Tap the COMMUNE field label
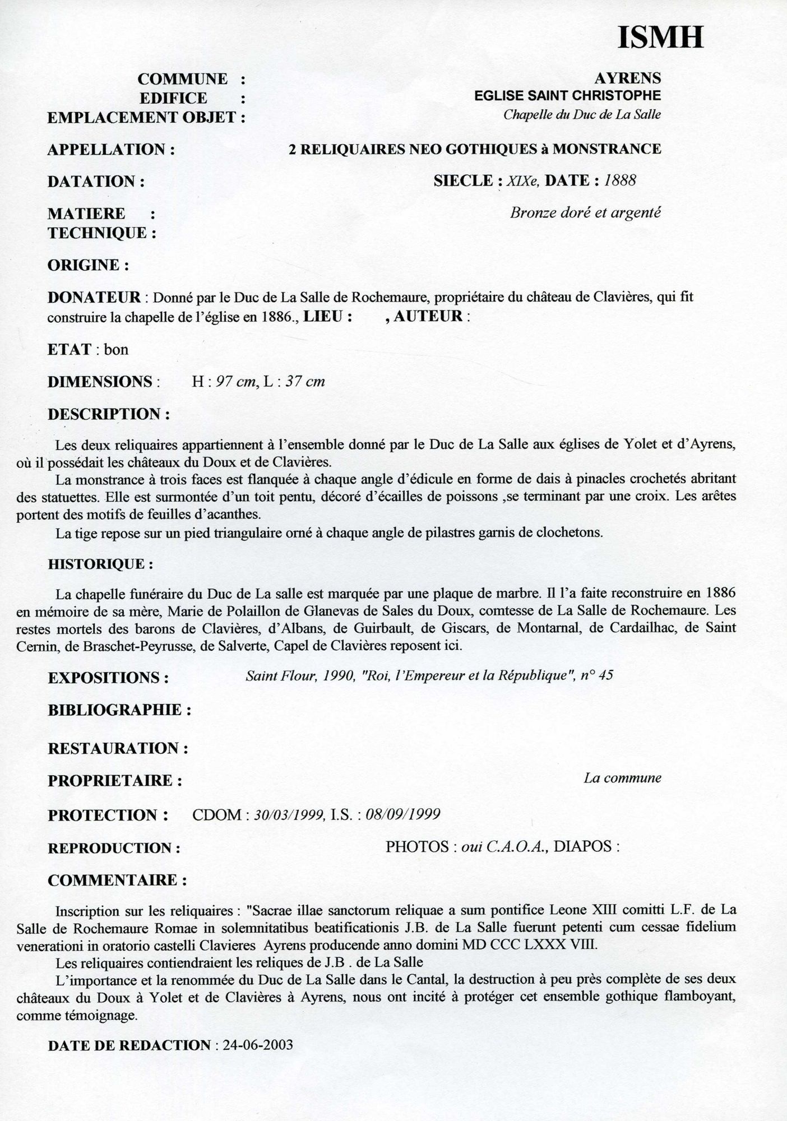183,79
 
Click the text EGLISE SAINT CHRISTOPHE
567,96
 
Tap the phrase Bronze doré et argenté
585,213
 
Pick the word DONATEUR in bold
94,297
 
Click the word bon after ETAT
116,350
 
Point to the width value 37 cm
305,382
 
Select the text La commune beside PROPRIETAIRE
622,778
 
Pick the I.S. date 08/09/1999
402,814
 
